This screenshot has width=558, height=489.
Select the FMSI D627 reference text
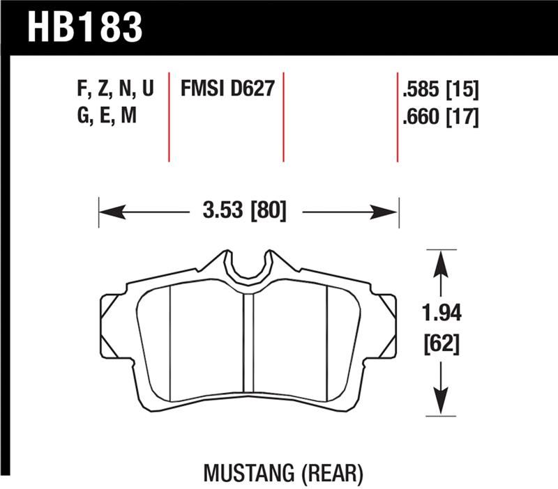tap(227, 90)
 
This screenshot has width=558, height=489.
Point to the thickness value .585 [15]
tap(439, 91)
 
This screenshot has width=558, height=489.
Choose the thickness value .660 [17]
tap(439, 117)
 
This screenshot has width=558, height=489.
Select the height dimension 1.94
tap(440, 313)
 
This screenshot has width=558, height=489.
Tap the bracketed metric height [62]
tap(440, 343)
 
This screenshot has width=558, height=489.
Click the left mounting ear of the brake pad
tap(112, 317)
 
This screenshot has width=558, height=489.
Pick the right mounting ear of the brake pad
tap(386, 317)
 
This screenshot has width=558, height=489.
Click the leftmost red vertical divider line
tap(169, 116)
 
